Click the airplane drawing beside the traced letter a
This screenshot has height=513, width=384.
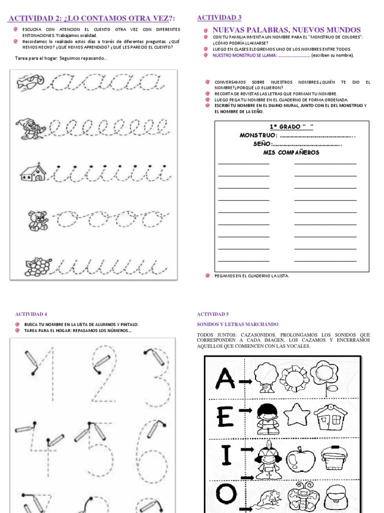30,80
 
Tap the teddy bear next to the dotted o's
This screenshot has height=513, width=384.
37,220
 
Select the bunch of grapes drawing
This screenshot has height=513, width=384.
38,267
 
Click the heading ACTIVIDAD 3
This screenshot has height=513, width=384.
219,18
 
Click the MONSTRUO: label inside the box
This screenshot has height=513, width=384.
258,136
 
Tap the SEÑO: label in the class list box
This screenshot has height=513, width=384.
262,144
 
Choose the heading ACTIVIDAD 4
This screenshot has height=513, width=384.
31,314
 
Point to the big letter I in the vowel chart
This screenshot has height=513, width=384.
226,456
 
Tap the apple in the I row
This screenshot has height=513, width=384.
301,459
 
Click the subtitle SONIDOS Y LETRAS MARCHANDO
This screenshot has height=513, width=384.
237,325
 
